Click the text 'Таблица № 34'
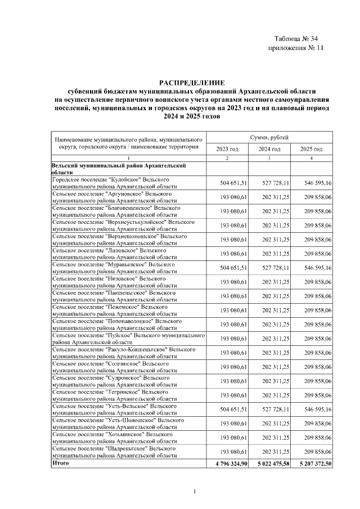coord(296,39)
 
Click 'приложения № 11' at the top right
coord(296,48)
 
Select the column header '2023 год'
coord(228,149)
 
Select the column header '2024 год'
coord(269,149)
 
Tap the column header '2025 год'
coord(311,149)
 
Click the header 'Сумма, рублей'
coord(269,137)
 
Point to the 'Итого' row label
coord(60,463)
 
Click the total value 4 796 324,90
coord(228,463)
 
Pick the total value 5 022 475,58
coord(269,463)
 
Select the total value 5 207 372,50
coord(311,463)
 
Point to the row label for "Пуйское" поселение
coord(128,339)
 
